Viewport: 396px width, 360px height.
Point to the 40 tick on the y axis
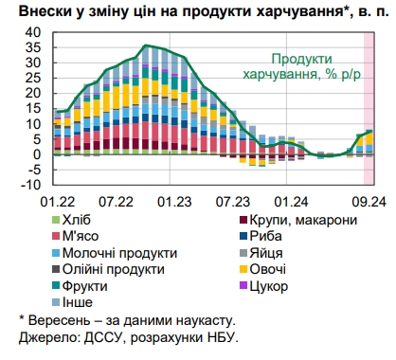pyautogui.click(x=35, y=32)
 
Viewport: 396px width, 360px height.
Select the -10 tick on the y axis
pyautogui.click(x=31, y=184)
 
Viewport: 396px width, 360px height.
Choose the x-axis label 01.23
pyautogui.click(x=175, y=201)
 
